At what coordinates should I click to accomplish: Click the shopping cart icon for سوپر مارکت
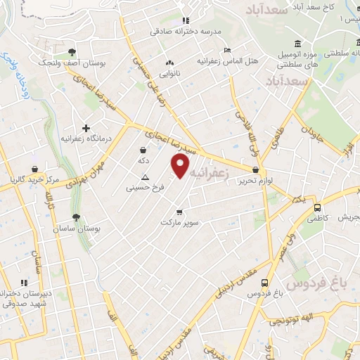point(179,212)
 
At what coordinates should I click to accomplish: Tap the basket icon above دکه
point(143,150)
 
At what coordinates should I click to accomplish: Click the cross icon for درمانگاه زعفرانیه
point(86,128)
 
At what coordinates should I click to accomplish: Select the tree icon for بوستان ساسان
point(76,218)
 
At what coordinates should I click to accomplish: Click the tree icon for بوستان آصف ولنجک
point(72,52)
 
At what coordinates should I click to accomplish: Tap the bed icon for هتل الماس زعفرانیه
point(226,50)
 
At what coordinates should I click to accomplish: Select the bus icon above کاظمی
point(318,208)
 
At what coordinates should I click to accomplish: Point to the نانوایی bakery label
point(169,73)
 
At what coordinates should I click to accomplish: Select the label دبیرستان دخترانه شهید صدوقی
point(23,298)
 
